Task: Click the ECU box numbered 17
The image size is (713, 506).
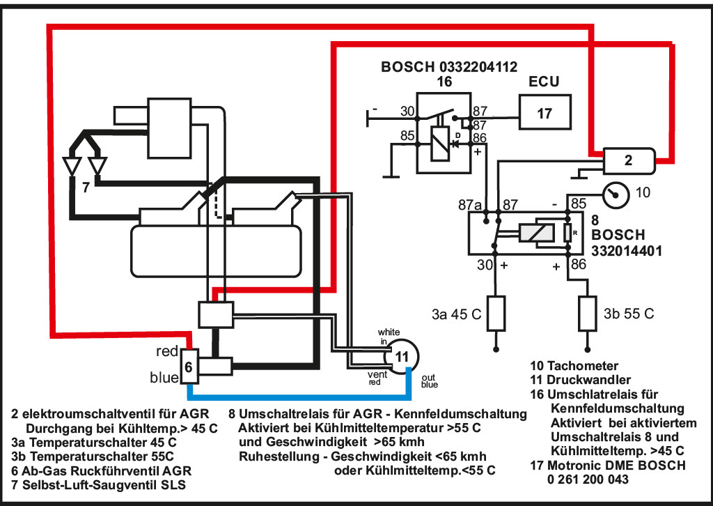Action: pyautogui.click(x=545, y=113)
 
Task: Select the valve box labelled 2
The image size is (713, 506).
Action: pyautogui.click(x=629, y=160)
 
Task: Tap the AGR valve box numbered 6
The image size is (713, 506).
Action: pyautogui.click(x=189, y=367)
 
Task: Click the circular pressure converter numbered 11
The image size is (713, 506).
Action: pyautogui.click(x=400, y=356)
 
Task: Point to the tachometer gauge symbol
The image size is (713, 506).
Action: pyautogui.click(x=616, y=194)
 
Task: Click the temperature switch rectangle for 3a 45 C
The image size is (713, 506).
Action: pyautogui.click(x=496, y=313)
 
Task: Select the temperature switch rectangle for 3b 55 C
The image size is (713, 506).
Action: pyautogui.click(x=588, y=313)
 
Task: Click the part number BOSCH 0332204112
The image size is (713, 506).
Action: pyautogui.click(x=449, y=67)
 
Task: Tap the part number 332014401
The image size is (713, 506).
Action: pyautogui.click(x=627, y=251)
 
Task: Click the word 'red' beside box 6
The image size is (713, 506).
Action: pyautogui.click(x=167, y=351)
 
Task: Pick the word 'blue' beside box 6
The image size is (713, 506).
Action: pyautogui.click(x=164, y=378)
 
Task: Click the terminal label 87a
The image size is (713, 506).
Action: pyautogui.click(x=470, y=205)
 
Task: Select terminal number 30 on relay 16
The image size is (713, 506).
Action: pyautogui.click(x=407, y=111)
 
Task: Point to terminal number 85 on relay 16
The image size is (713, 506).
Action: pyautogui.click(x=407, y=136)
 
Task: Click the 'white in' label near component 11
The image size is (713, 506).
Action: pyautogui.click(x=389, y=337)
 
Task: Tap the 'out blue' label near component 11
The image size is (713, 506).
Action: pyautogui.click(x=429, y=381)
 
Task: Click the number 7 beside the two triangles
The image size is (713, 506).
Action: pyautogui.click(x=86, y=187)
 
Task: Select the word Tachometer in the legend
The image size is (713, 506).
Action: pyautogui.click(x=583, y=366)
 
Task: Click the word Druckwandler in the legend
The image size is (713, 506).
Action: pyautogui.click(x=588, y=380)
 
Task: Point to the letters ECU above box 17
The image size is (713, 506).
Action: pyautogui.click(x=544, y=82)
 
